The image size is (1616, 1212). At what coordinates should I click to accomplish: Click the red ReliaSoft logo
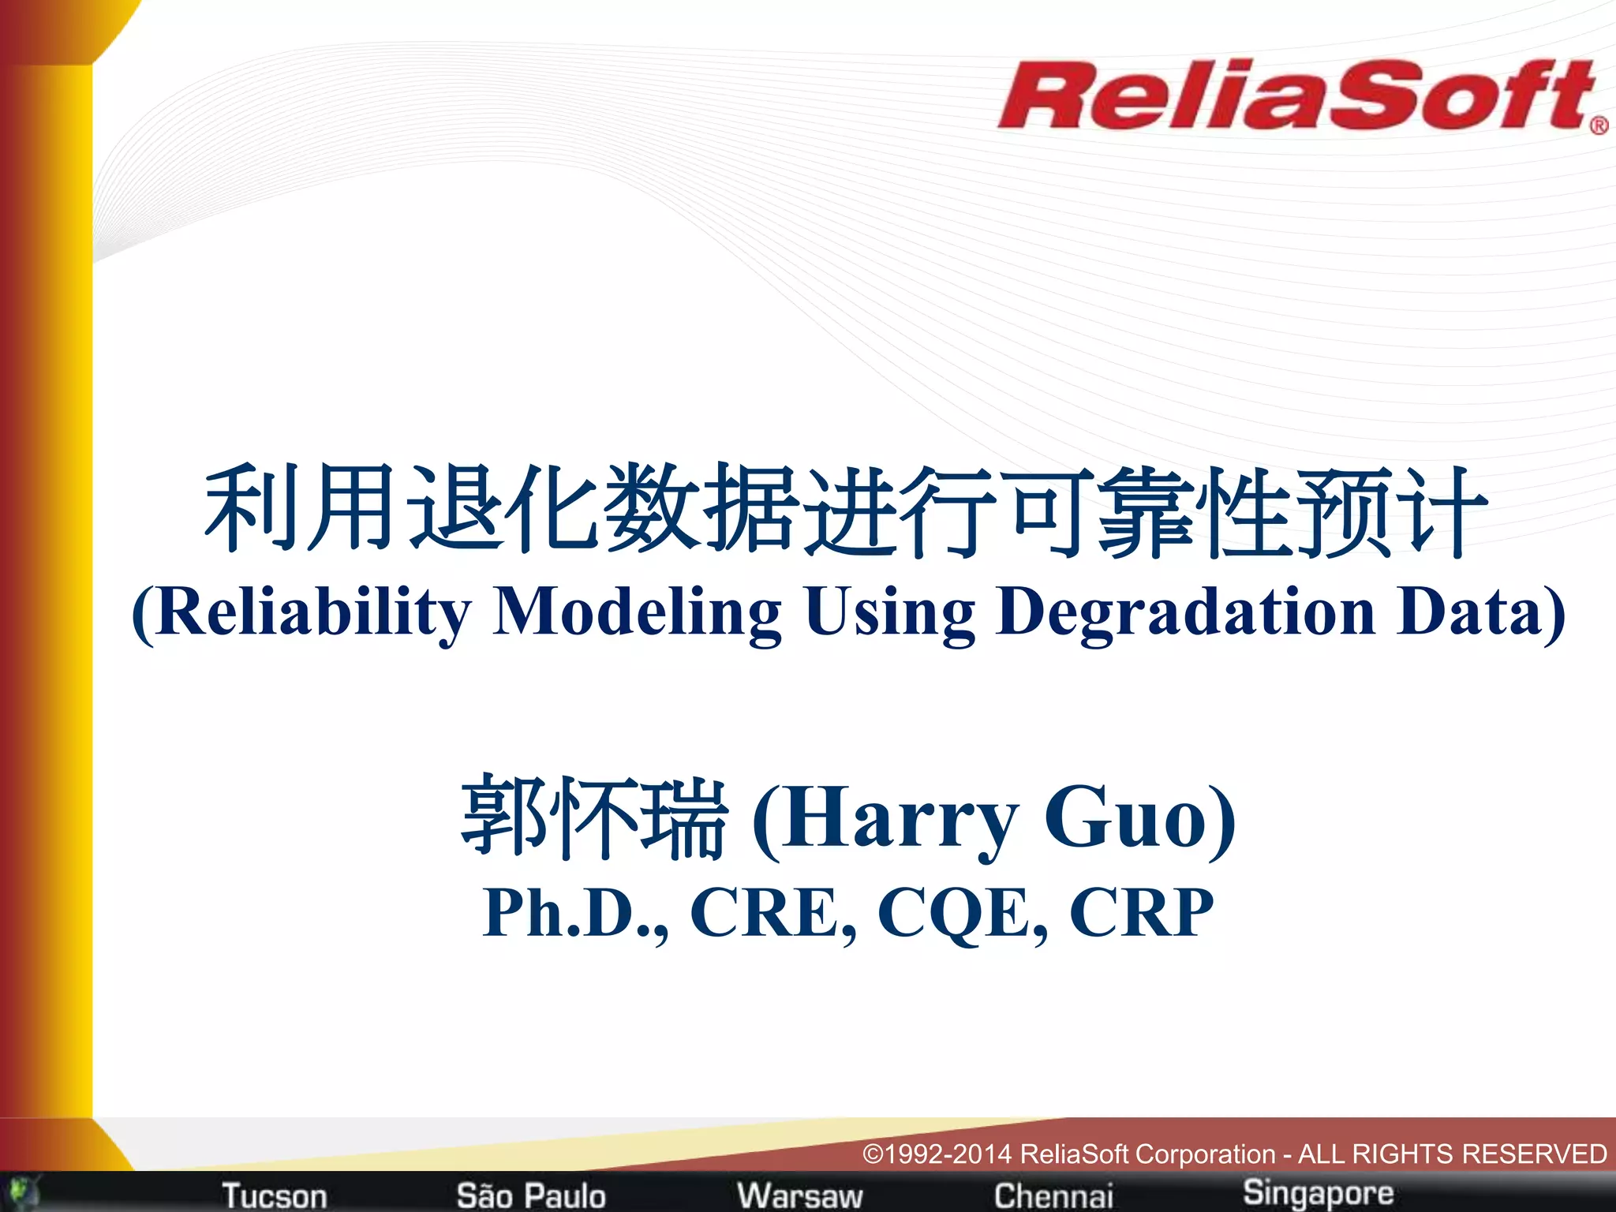pos(1294,96)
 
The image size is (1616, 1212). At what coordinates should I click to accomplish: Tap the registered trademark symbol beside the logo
pos(1599,125)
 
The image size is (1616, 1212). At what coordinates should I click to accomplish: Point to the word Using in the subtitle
pos(889,613)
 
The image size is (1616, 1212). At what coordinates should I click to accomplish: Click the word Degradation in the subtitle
pos(1186,613)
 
